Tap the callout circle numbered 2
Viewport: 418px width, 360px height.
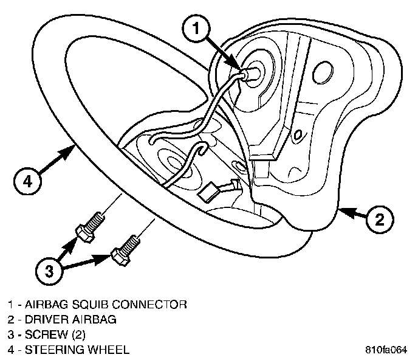(x=377, y=220)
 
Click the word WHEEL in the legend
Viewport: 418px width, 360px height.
(x=108, y=350)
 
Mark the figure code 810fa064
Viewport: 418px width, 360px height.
(x=386, y=350)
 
